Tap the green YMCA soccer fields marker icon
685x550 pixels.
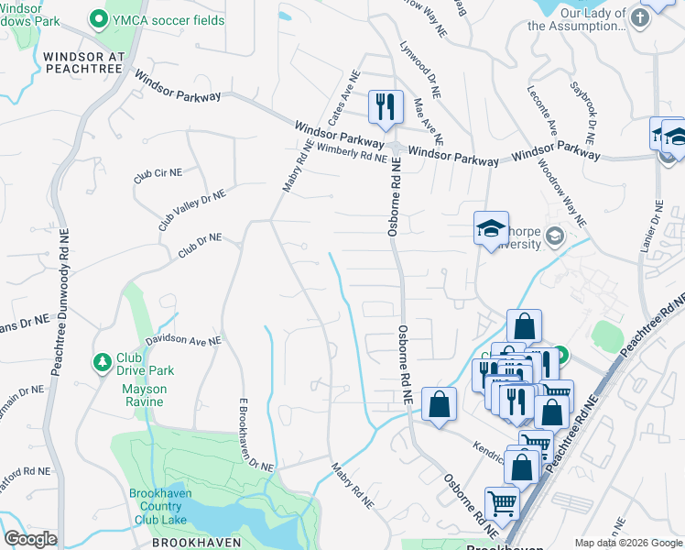pyautogui.click(x=99, y=18)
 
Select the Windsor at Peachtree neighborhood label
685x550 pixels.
pyautogui.click(x=83, y=62)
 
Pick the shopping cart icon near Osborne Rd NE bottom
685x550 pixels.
pyautogui.click(x=501, y=503)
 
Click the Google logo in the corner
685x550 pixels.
pyautogui.click(x=30, y=539)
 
